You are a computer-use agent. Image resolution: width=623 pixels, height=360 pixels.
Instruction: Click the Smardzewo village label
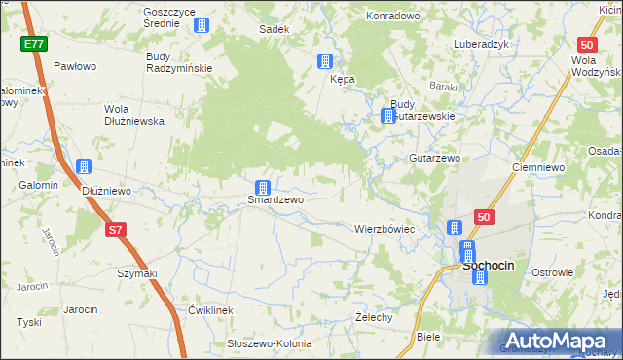coord(275,199)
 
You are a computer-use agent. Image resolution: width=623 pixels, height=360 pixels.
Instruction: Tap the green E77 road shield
coord(33,45)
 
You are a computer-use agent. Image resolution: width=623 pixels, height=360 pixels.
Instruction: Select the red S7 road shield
coord(116,230)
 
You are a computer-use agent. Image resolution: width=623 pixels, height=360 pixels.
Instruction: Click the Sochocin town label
coord(495,264)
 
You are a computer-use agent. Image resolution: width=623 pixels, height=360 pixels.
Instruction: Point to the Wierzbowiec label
coord(384,229)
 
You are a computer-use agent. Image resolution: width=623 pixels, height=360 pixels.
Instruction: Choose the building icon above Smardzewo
coord(262,187)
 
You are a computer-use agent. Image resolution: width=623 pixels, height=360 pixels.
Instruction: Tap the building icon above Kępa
coord(324,62)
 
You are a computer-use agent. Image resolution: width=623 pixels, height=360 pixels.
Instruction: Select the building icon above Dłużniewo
coord(84,167)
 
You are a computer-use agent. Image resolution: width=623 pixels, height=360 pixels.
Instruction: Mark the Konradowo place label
coord(392,17)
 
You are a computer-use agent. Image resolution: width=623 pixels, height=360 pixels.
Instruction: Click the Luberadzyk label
coord(482,45)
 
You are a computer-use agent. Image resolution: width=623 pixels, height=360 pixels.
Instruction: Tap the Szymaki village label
coord(137,273)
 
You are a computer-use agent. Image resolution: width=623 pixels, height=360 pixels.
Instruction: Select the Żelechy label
coord(374,317)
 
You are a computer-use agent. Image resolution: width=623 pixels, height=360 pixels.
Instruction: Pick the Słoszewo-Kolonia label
coord(269,343)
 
